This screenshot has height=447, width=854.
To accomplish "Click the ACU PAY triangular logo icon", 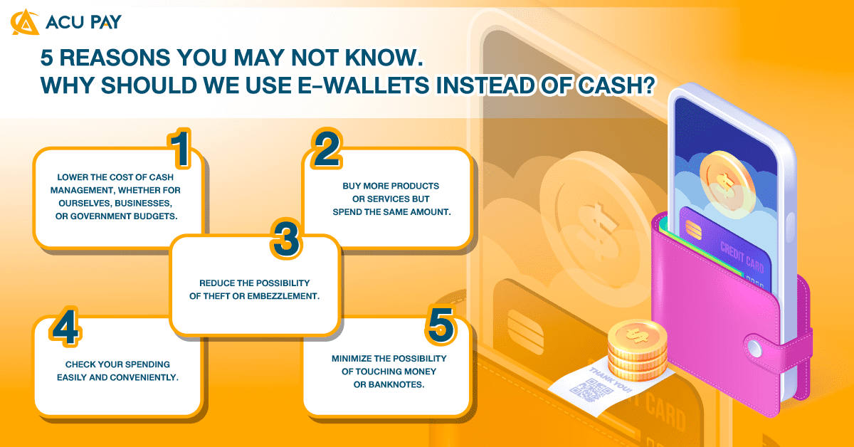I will [25, 22].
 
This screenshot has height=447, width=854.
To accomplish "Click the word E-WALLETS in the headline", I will [357, 85].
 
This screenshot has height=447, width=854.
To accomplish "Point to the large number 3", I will [286, 240].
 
